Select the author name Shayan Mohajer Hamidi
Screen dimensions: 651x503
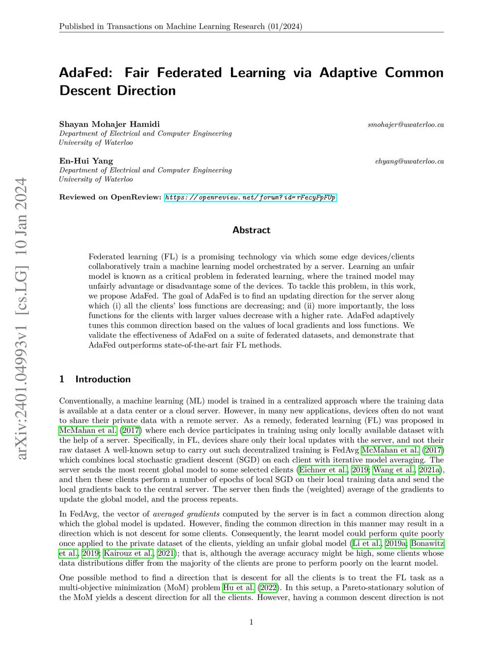tap(109, 124)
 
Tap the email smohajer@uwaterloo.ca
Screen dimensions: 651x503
tap(406, 125)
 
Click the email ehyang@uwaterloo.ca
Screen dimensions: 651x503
tap(409, 161)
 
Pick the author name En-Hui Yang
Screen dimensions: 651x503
tap(86, 161)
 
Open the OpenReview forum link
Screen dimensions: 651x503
tap(251, 198)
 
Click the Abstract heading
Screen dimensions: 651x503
tap(251, 230)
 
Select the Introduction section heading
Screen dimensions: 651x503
tap(103, 379)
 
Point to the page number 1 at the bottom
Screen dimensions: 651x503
tap(251, 622)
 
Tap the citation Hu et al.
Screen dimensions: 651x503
tap(239, 588)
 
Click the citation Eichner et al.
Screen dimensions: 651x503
tap(323, 470)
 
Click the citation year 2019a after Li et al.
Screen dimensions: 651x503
tap(395, 543)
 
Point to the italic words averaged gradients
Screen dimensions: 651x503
tap(186, 514)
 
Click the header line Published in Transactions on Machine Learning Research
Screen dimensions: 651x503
tap(181, 27)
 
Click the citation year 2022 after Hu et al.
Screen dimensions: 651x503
tap(268, 588)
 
